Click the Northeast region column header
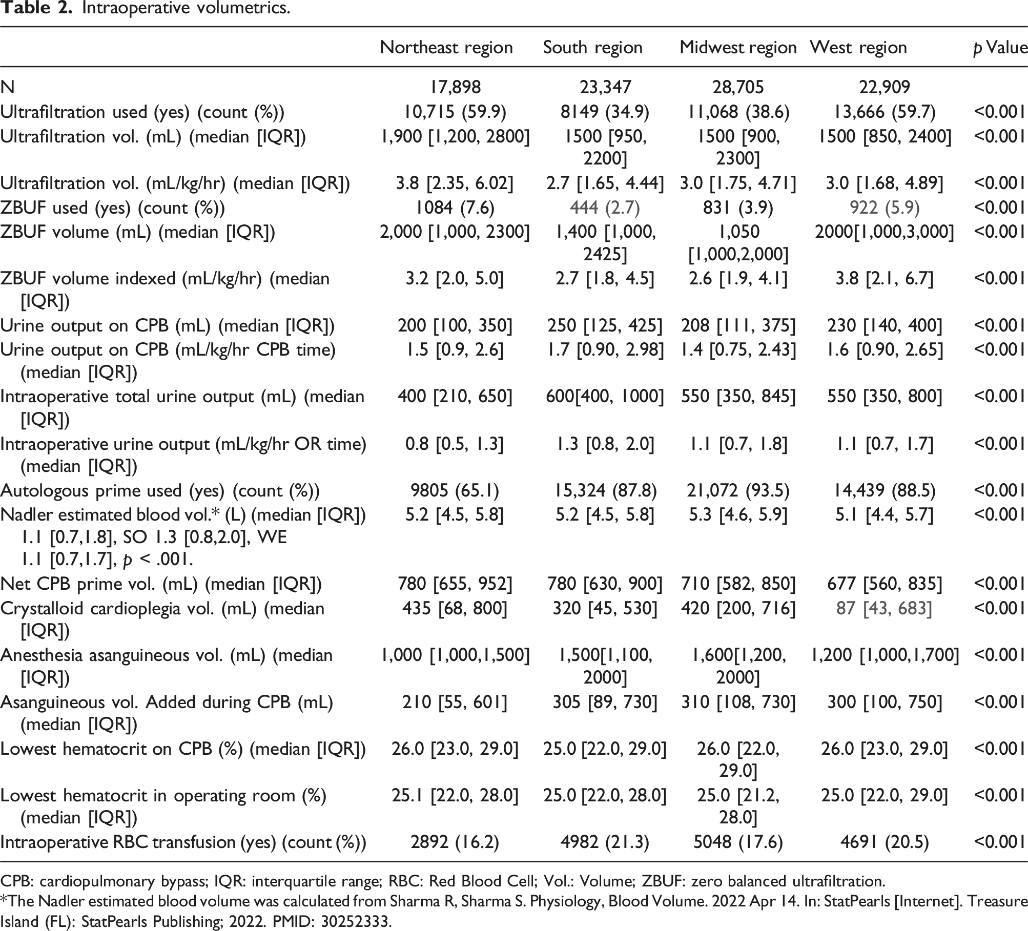click(x=446, y=48)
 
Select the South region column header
click(x=593, y=48)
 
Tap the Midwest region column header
click(x=738, y=48)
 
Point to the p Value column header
click(x=1000, y=48)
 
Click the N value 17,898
click(x=455, y=87)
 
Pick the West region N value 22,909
click(x=885, y=87)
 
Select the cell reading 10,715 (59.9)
click(x=455, y=112)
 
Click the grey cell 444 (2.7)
click(x=605, y=208)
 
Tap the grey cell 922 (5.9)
click(x=885, y=208)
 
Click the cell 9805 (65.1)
click(x=455, y=491)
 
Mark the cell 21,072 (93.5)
click(x=738, y=491)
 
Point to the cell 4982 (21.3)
click(x=605, y=842)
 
